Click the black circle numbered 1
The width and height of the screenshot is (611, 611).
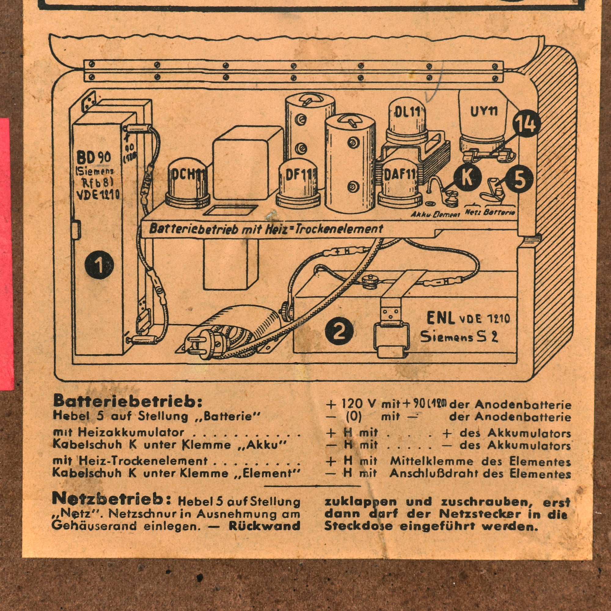(x=99, y=265)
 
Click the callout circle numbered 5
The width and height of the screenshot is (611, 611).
(x=519, y=179)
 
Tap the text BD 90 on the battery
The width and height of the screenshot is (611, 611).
(x=93, y=156)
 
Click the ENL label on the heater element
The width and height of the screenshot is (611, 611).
(x=440, y=318)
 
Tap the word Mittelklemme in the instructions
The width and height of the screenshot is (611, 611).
(x=431, y=461)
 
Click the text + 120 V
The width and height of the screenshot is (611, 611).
(x=352, y=404)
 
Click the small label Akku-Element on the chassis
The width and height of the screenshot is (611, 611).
(x=435, y=214)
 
